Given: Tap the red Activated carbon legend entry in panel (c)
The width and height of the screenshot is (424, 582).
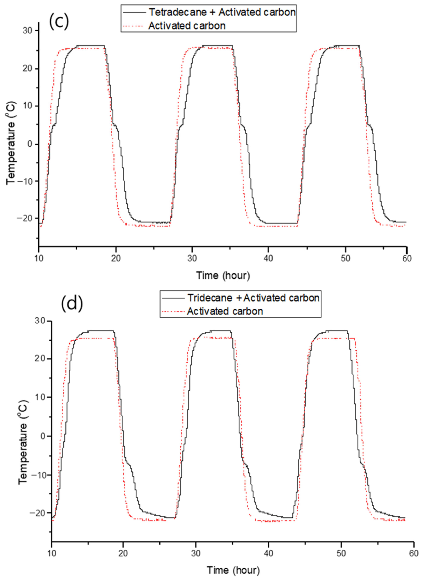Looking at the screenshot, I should coord(187,26).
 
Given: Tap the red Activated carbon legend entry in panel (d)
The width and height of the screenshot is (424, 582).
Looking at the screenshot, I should coord(225,311).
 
